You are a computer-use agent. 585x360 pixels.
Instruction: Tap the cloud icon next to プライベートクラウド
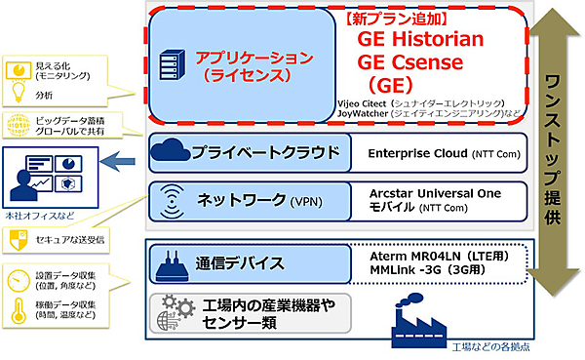[172, 152]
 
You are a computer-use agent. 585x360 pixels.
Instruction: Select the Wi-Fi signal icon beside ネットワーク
[172, 201]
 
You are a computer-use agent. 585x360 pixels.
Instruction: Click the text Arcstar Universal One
[435, 195]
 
